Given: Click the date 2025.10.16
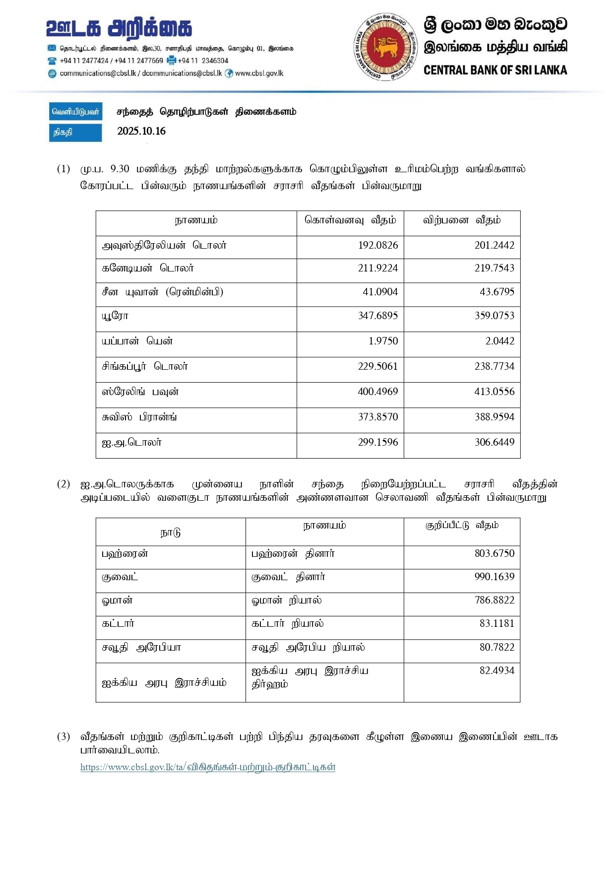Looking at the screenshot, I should coord(141,131).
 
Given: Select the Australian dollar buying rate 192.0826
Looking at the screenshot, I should coord(378,245).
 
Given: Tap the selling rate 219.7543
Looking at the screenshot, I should coord(494,268).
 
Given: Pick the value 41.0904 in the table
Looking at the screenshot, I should coord(380,292).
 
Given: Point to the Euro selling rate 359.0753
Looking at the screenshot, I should coord(494,316).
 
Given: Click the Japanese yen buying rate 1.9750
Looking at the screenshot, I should coord(383,341).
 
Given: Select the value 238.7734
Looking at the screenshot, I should coord(494,366).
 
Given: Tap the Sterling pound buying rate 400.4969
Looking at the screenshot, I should coord(377,392).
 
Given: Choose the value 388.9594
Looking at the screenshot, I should coord(494,417).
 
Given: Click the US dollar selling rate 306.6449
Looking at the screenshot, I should coord(494,442).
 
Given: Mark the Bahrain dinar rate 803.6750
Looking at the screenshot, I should coord(494,553).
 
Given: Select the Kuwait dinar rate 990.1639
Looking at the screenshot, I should coord(494,577).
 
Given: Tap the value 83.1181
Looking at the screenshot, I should coord(496,623).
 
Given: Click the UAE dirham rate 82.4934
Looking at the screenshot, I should coord(496,670).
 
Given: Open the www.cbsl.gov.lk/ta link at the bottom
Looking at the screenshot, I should coord(208,767).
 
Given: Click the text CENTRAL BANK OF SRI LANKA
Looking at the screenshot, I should coord(495,70).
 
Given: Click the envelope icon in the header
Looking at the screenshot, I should coord(52,48).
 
